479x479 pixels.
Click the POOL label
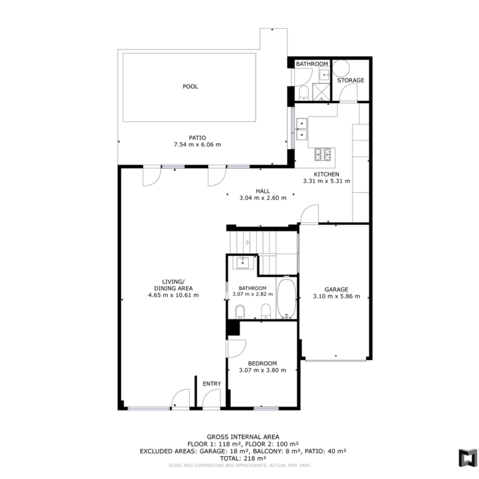pos(190,87)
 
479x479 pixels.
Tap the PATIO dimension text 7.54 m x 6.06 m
pos(197,144)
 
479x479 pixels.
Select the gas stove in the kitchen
pos(322,154)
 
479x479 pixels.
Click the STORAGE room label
pos(351,80)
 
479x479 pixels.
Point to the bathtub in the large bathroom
pos(286,299)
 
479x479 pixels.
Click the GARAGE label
pos(337,289)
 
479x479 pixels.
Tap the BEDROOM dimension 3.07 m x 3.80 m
pos(262,370)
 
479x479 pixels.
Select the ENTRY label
pos(212,384)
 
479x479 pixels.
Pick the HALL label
pos(263,191)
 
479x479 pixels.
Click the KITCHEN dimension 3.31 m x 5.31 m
pos(327,181)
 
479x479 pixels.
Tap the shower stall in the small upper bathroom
pos(321,92)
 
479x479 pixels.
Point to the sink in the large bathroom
pos(243,263)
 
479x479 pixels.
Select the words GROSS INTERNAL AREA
pos(243,437)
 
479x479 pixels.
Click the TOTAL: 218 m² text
pos(243,458)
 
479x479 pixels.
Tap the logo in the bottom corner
pos(467,458)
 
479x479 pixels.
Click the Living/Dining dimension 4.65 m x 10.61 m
pos(173,295)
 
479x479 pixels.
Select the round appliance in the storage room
pos(341,68)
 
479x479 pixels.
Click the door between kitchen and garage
pos(310,214)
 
